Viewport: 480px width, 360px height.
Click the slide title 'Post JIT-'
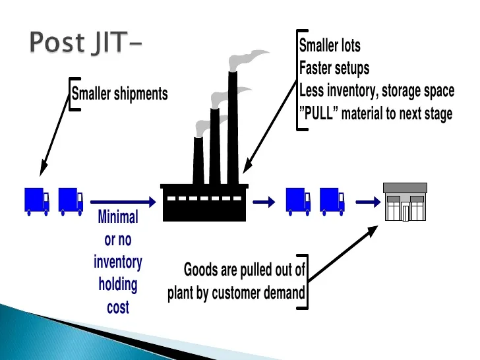click(86, 43)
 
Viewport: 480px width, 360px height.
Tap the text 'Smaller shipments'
click(119, 94)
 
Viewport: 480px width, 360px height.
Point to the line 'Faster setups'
click(334, 68)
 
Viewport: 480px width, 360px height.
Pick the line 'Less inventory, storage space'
click(376, 90)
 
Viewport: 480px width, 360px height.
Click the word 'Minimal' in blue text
click(118, 217)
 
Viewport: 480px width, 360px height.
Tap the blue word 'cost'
click(118, 307)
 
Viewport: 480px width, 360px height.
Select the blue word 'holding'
click(118, 285)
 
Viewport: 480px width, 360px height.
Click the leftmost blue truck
click(37, 200)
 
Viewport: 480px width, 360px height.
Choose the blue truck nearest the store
click(332, 200)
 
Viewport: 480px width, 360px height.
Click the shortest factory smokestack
click(198, 160)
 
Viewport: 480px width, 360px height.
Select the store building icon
click(405, 202)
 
